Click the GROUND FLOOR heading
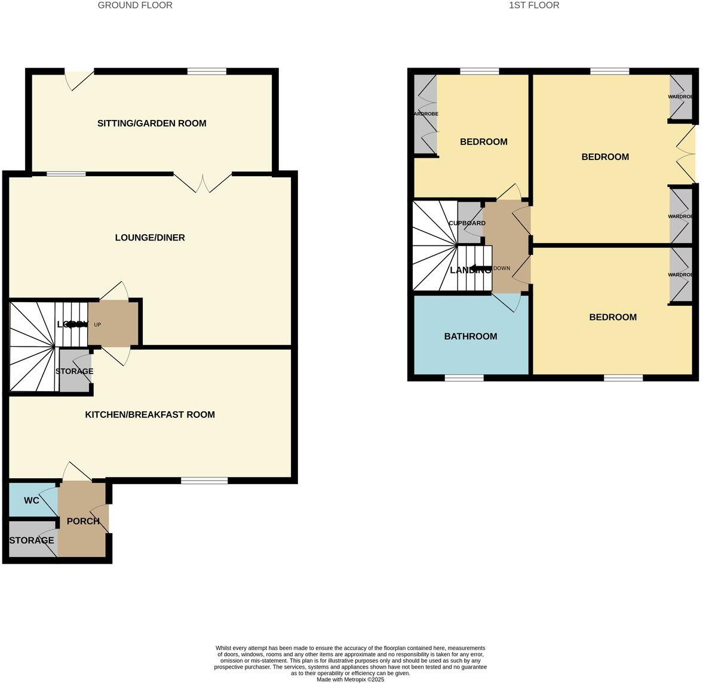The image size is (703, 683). point(135,5)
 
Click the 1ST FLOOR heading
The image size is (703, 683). point(534,5)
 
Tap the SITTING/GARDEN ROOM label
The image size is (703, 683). point(152,124)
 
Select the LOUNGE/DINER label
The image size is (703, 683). point(150,238)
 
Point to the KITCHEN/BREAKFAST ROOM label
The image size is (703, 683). point(150,414)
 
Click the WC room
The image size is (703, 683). point(32,500)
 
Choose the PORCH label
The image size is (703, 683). point(83,521)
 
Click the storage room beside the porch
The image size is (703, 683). point(31,540)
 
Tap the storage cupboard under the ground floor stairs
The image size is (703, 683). point(75,371)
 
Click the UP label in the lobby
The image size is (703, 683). point(97,325)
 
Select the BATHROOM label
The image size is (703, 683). point(471,336)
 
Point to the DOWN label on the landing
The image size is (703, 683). point(502,268)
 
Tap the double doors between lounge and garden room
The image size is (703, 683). point(203,183)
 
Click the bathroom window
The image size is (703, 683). point(464,378)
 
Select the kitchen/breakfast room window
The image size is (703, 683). point(204,481)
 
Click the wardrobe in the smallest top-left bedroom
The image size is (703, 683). point(425,113)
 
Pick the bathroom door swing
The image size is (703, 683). point(507,302)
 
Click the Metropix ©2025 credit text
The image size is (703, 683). point(351,679)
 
